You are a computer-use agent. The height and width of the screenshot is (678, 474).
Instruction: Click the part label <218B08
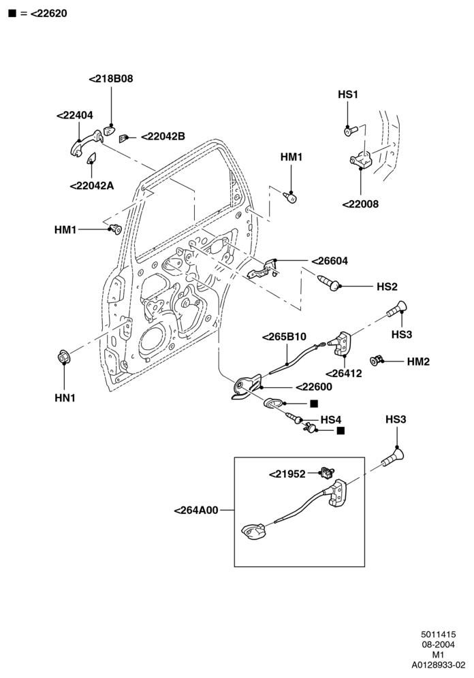click(111, 79)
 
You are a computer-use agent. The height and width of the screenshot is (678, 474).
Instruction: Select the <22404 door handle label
click(75, 116)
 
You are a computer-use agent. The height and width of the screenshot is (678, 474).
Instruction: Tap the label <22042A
click(92, 186)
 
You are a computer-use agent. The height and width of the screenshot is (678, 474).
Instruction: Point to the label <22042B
click(163, 136)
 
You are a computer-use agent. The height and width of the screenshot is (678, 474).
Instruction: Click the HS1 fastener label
click(348, 95)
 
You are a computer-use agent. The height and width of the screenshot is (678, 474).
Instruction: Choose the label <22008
click(360, 204)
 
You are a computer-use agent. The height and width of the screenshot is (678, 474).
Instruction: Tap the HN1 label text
click(65, 398)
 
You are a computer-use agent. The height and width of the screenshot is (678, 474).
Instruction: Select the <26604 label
click(330, 261)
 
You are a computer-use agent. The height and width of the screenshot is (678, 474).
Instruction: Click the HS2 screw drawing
click(328, 282)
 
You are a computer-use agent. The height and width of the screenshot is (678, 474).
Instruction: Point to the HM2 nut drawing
click(376, 359)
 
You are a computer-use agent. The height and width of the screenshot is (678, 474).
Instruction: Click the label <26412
click(343, 373)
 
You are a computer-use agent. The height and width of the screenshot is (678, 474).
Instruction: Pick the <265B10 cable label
click(284, 336)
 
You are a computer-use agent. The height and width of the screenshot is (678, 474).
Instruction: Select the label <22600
click(313, 387)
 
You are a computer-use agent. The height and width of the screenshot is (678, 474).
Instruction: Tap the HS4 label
click(331, 419)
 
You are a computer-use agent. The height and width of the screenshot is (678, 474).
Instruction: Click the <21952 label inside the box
click(287, 474)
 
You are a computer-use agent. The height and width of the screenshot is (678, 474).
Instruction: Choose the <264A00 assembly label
click(196, 511)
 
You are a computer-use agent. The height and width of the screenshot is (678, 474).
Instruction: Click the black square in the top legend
click(12, 14)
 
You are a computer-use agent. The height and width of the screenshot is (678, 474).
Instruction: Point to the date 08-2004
click(439, 645)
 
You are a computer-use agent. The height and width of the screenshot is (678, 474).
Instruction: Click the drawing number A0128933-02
click(439, 664)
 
